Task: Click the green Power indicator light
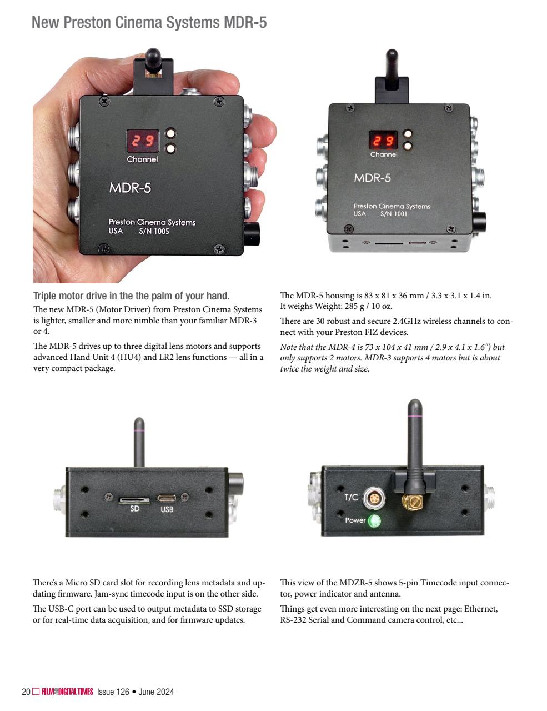pyautogui.click(x=374, y=520)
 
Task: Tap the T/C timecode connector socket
pyautogui.click(x=374, y=498)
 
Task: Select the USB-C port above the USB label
pyautogui.click(x=167, y=498)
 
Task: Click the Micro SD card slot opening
pyautogui.click(x=134, y=500)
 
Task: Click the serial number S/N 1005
pyautogui.click(x=154, y=231)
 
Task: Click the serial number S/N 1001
pyautogui.click(x=394, y=214)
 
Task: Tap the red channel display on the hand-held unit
pyautogui.click(x=143, y=141)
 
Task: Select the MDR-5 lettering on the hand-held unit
pyautogui.click(x=130, y=188)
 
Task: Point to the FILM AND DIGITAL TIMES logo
pyautogui.click(x=67, y=692)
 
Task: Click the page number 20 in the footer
pyautogui.click(x=26, y=692)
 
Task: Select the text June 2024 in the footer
pyautogui.click(x=156, y=692)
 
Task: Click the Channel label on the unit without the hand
pyautogui.click(x=384, y=154)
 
